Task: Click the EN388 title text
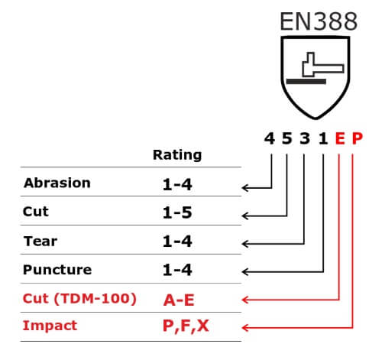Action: [x=319, y=21]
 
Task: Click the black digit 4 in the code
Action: [x=270, y=138]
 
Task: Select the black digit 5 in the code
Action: [x=286, y=138]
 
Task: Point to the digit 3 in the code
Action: [x=305, y=138]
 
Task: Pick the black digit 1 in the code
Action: [x=323, y=138]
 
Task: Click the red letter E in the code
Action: [x=340, y=138]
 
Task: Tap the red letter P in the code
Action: [x=357, y=138]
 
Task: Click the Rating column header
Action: [x=177, y=155]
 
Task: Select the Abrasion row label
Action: [x=57, y=183]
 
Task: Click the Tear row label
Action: [x=40, y=241]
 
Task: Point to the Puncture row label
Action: [x=57, y=270]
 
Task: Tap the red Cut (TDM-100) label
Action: [x=79, y=299]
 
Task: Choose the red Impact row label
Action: [x=50, y=326]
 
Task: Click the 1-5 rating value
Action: [x=177, y=212]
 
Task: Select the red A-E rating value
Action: [x=179, y=300]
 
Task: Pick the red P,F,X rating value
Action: [x=186, y=326]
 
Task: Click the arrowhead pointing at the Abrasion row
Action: [x=245, y=188]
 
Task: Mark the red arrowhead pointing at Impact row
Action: [x=245, y=327]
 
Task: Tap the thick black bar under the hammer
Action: [x=306, y=82]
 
